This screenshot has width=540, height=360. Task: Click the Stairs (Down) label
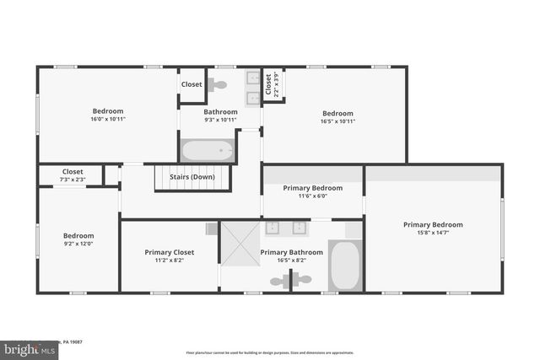[192, 177]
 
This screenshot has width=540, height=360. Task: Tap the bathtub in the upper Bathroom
[207, 152]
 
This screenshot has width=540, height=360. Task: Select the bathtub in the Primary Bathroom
[346, 266]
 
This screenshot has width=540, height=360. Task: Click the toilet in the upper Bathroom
[218, 84]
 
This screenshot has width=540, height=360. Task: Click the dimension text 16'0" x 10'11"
[108, 120]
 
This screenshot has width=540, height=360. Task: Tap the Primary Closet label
[170, 252]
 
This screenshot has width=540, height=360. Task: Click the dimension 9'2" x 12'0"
[78, 244]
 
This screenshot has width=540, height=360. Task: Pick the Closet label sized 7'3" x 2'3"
[73, 171]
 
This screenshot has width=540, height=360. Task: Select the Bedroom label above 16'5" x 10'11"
[337, 113]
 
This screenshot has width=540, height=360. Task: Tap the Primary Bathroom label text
[291, 252]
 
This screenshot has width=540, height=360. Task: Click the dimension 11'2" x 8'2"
[170, 261]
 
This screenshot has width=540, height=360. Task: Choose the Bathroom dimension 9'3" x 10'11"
[220, 120]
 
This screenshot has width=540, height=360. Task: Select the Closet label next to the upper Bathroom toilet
[192, 84]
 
